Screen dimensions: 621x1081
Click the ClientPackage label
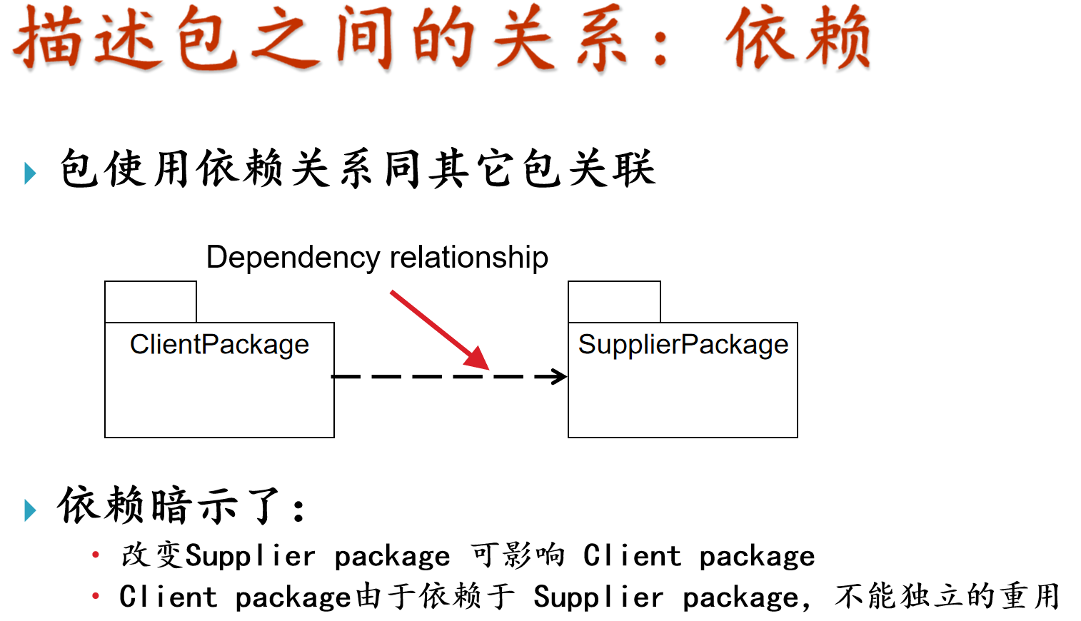tap(219, 345)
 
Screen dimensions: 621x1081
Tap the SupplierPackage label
tap(683, 345)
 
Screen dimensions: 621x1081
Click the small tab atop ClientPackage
tap(151, 302)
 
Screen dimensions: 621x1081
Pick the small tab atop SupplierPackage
tap(614, 302)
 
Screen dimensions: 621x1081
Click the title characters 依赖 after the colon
tap(798, 39)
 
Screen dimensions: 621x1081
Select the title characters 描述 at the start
tap(86, 39)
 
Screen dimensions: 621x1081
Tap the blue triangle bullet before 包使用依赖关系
tap(30, 173)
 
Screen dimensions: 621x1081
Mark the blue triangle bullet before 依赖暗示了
tap(30, 510)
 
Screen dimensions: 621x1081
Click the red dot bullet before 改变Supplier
tap(95, 555)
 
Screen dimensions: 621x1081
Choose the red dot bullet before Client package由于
tap(95, 595)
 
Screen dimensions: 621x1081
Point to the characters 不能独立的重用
tap(947, 596)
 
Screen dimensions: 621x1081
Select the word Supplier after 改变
tap(250, 557)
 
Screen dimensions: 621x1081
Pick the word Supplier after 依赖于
tap(598, 597)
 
